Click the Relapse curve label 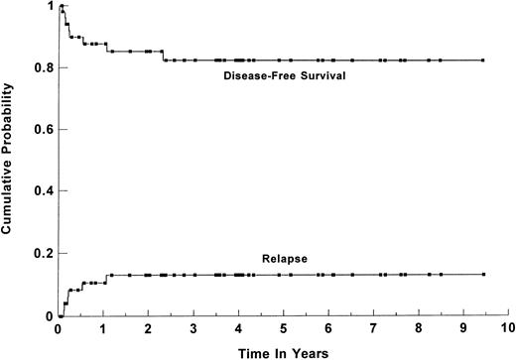[284, 259]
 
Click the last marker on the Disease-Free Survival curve [482, 60]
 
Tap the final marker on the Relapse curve [482, 275]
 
